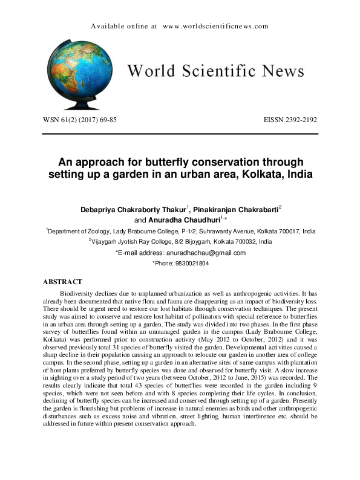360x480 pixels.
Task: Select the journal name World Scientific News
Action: (x=215, y=72)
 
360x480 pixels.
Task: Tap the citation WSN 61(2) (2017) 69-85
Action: (x=79, y=120)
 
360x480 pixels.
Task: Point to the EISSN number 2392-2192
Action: (x=298, y=120)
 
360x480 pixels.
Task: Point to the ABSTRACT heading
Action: (x=67, y=282)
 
